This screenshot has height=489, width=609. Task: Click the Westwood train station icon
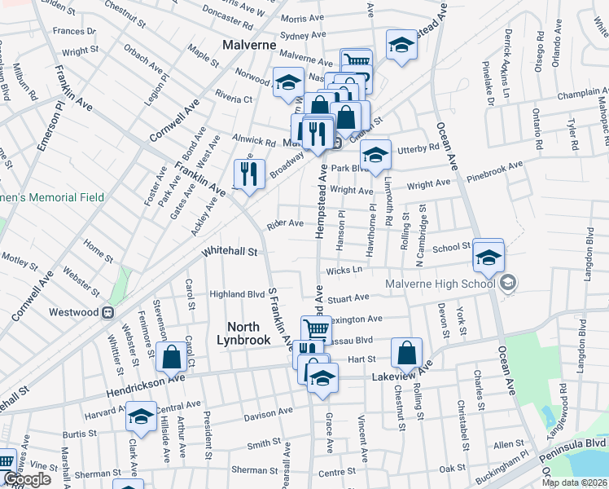(106, 312)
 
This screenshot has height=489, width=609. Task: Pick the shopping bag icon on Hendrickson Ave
(172, 356)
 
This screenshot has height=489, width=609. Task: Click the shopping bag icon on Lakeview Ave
(406, 353)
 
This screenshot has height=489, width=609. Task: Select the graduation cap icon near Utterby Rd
(375, 155)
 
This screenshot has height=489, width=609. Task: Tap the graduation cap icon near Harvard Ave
(142, 416)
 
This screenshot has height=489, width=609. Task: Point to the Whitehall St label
(230, 253)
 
